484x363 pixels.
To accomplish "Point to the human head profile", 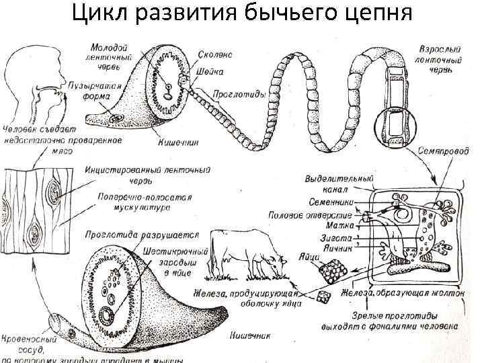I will pos(30,74).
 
